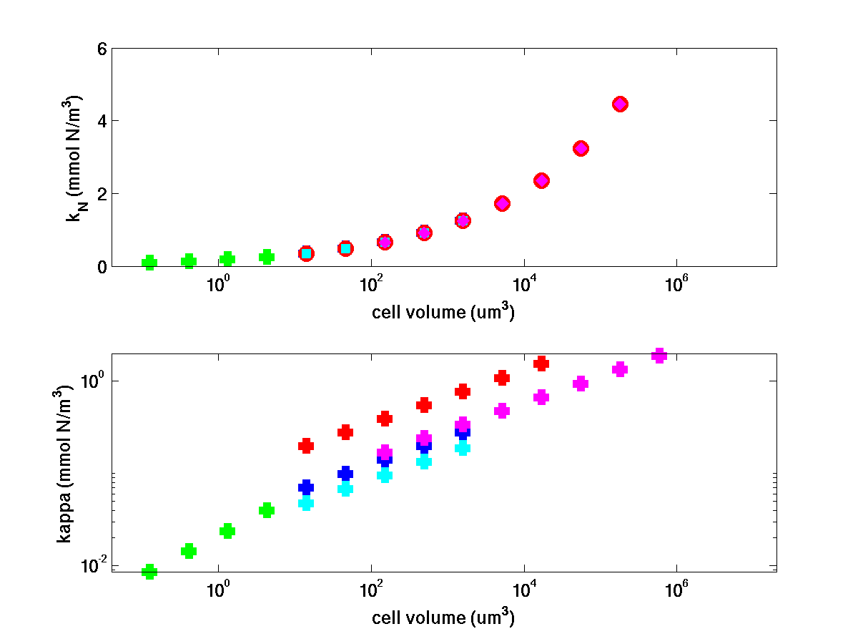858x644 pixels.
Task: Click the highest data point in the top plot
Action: (x=620, y=104)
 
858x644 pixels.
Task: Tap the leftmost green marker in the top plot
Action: (x=149, y=263)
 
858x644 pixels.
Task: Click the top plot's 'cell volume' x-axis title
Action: (x=443, y=312)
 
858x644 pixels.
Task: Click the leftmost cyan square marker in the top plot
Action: (x=306, y=253)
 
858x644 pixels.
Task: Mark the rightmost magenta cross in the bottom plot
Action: (x=659, y=356)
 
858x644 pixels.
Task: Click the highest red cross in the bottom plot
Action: (x=541, y=364)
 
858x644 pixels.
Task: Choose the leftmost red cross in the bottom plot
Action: (x=306, y=446)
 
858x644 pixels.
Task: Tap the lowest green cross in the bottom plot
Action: (x=149, y=571)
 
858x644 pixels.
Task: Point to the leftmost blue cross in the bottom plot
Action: (x=306, y=487)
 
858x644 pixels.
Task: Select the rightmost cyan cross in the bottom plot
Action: (x=463, y=448)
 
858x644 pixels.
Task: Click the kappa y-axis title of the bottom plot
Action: (x=64, y=463)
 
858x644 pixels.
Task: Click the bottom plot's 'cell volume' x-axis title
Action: (x=443, y=618)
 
